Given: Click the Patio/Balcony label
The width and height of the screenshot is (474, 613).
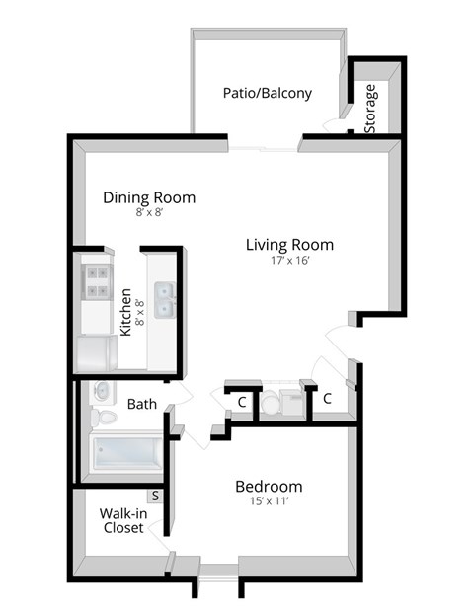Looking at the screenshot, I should (267, 94).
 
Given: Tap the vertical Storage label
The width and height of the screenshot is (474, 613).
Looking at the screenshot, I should (370, 110).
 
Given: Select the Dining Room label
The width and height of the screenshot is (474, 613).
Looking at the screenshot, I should (149, 197).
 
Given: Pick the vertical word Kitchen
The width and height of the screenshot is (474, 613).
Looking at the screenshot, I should (126, 312).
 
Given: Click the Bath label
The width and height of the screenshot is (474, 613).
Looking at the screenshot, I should (142, 403).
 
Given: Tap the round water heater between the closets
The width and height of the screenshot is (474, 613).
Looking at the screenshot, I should (270, 403).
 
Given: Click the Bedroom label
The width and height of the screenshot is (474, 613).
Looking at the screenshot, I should (268, 487).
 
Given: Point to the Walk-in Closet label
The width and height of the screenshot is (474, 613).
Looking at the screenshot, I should (124, 520).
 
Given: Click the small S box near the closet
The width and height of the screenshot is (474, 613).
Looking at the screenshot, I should (156, 497).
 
